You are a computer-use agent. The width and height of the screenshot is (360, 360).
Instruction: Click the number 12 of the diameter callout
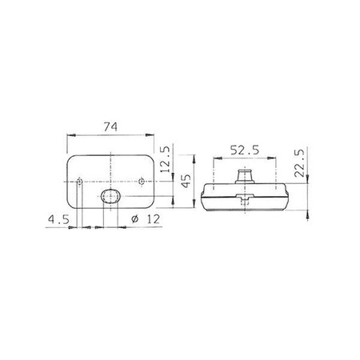(x=146, y=218)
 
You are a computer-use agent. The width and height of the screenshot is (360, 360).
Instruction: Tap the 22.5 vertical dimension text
(x=301, y=164)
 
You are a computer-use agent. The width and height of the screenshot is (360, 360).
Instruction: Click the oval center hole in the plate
(x=110, y=197)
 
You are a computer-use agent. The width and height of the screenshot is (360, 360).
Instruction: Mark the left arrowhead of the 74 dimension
(x=69, y=138)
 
